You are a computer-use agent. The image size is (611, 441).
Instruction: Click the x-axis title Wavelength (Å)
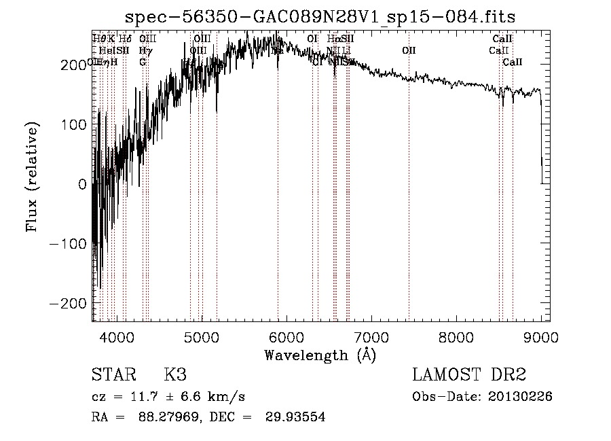click(319, 355)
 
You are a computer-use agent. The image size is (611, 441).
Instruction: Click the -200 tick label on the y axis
click(71, 302)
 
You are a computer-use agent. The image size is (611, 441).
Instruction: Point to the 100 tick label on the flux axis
click(76, 124)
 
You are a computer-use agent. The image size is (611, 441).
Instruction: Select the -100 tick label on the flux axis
click(71, 243)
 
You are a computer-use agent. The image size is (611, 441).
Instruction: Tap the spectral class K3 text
click(175, 374)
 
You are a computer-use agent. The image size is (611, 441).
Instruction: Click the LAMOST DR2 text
click(469, 374)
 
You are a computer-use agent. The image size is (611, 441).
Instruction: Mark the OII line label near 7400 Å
click(409, 50)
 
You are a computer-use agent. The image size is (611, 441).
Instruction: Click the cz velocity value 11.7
click(148, 397)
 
